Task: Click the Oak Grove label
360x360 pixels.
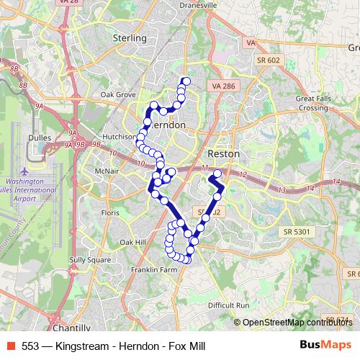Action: click(x=118, y=94)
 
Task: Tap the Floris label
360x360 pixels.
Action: click(x=109, y=213)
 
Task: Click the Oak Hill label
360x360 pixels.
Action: click(x=133, y=242)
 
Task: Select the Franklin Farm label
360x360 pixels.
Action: click(x=153, y=269)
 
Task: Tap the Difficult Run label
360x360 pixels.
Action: click(x=228, y=305)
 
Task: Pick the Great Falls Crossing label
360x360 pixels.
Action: click(x=313, y=103)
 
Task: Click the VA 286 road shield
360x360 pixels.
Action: click(x=224, y=86)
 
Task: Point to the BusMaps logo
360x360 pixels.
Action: click(x=325, y=346)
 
